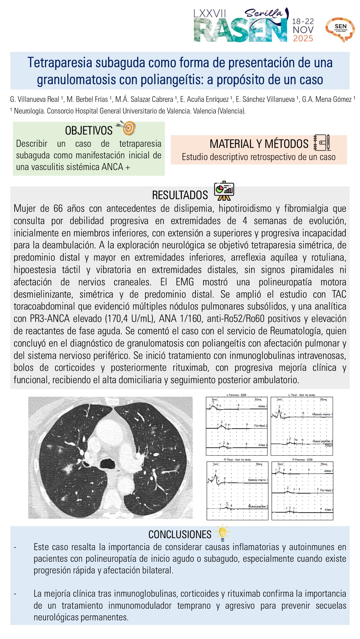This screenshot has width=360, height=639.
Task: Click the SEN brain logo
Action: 340,29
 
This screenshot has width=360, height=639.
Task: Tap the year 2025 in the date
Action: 303,39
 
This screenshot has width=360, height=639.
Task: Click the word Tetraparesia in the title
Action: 60,63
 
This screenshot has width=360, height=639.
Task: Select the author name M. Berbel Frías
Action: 87,99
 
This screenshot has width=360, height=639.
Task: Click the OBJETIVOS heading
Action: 89,130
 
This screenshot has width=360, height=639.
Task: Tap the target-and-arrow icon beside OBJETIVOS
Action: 127,128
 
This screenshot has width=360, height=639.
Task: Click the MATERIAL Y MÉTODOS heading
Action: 259,144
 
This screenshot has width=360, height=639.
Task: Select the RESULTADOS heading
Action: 180,195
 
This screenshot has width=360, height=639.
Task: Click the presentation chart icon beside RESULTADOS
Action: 224,191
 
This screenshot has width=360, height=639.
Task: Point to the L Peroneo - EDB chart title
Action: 236,395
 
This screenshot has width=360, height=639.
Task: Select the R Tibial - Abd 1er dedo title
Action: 237,460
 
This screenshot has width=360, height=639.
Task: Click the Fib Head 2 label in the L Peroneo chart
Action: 260,426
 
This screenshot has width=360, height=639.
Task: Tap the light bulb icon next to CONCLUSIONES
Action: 222,533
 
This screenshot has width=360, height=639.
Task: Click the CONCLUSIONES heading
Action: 180,534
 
